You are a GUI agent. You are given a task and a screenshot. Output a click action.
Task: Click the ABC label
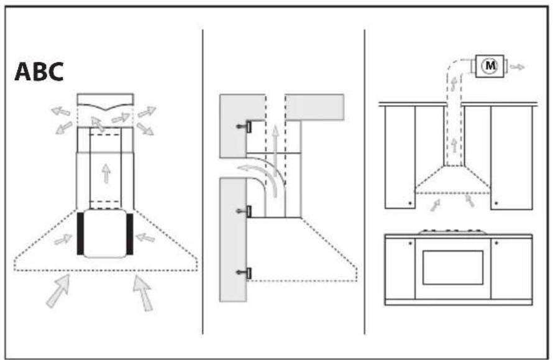tap(39, 72)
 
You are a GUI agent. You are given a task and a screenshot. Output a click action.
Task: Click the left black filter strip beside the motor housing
tap(80, 234)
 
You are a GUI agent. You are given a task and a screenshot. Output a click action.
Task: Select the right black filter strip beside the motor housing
tap(129, 234)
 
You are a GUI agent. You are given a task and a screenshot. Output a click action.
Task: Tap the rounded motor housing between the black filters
tap(104, 233)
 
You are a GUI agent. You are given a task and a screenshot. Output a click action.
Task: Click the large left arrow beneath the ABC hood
tap(58, 292)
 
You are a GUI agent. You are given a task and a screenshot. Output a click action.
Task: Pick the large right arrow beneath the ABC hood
tap(143, 292)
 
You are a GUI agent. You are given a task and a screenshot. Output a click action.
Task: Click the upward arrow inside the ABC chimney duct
tap(105, 173)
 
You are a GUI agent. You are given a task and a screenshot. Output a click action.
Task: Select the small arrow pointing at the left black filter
tap(63, 239)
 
